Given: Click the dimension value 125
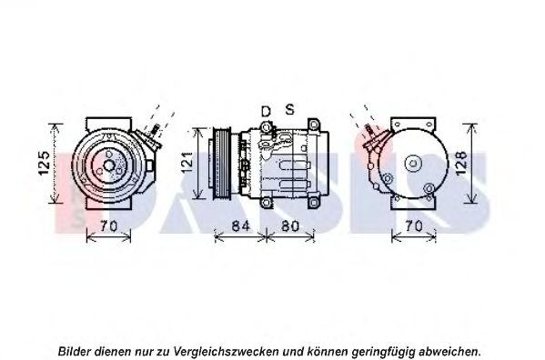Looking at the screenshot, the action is (x=45, y=163).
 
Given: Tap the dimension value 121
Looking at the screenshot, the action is (x=187, y=162).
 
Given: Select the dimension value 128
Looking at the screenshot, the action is (x=461, y=163).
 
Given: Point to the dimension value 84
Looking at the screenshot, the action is (x=240, y=226).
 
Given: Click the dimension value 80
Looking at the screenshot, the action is (x=290, y=226).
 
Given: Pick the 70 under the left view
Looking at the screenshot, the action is (x=108, y=226).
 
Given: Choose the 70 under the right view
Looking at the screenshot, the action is (x=414, y=226).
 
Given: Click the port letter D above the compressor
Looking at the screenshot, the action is (x=266, y=112).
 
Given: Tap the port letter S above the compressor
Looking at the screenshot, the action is (x=289, y=109).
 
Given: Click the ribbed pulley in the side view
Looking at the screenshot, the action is (x=221, y=163).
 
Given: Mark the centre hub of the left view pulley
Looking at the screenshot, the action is (x=109, y=165).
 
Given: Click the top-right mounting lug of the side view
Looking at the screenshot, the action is (x=314, y=125).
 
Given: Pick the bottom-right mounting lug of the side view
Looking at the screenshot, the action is (x=314, y=203).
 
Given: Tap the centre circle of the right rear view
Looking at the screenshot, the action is (x=413, y=163).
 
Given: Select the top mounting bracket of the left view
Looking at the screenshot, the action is (x=109, y=124).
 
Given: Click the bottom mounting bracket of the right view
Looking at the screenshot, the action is (x=413, y=204).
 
